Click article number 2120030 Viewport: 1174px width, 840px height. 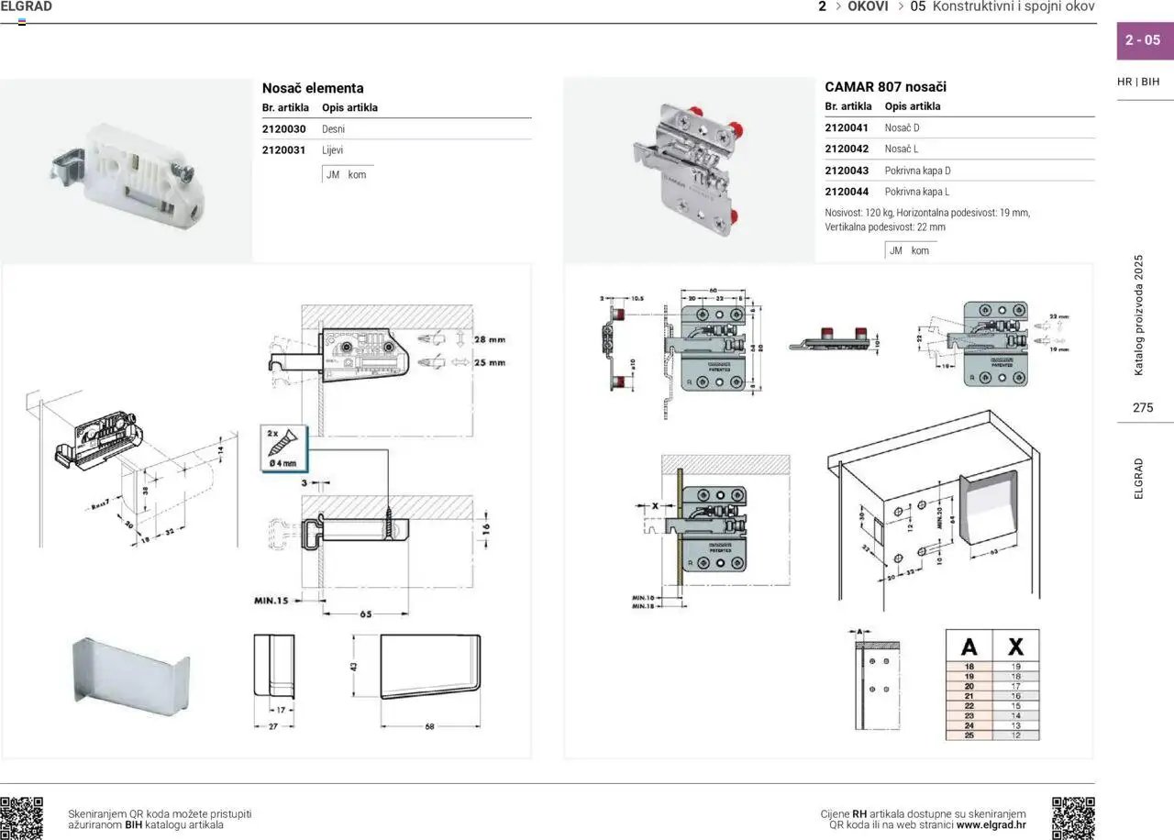[x=283, y=129]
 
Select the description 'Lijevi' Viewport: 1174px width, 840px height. [x=332, y=150]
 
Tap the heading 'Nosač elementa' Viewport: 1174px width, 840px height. [x=313, y=88]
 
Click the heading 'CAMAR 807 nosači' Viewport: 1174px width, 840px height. [x=885, y=87]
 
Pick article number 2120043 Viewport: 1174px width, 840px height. [x=847, y=171]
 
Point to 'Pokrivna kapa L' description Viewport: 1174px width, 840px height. [x=916, y=192]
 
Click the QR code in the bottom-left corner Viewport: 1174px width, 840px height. [x=21, y=818]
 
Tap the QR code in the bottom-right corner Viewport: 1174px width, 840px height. [x=1073, y=818]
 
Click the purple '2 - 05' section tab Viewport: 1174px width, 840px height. [x=1142, y=40]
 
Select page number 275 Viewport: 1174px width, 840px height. [x=1143, y=408]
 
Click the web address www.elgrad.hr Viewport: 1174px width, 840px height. [x=991, y=824]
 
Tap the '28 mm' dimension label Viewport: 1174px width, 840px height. [x=489, y=340]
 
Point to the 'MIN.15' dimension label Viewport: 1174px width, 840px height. [x=271, y=601]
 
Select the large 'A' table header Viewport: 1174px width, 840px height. [x=969, y=646]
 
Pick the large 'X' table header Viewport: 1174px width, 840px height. [x=1015, y=646]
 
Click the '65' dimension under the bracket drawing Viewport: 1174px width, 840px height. [x=365, y=614]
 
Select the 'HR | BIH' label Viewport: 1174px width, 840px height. [x=1138, y=82]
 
